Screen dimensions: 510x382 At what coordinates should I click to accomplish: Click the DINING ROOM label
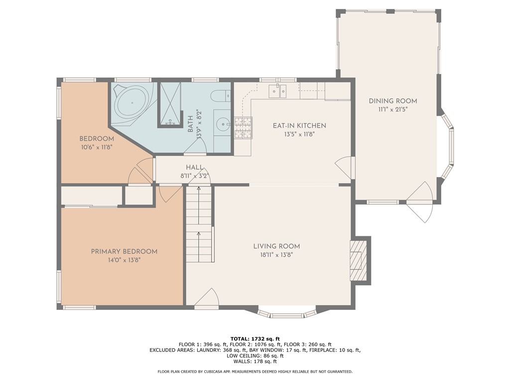(392, 101)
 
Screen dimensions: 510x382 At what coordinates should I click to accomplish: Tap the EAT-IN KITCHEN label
(299, 125)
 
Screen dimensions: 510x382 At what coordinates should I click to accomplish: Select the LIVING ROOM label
(276, 246)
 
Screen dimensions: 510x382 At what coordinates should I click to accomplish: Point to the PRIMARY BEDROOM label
(124, 251)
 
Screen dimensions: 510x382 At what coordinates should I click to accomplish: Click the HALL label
(195, 168)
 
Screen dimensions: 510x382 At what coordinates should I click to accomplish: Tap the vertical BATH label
(190, 124)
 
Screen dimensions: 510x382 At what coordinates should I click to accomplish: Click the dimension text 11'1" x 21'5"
(392, 110)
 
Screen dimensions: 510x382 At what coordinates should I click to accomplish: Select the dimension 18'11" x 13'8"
(276, 255)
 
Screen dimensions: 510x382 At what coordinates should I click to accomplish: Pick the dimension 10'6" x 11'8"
(97, 147)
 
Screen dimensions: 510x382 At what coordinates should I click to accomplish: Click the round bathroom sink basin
(223, 124)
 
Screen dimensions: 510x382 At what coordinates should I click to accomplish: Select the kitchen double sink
(277, 91)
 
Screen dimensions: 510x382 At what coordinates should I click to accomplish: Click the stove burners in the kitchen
(243, 128)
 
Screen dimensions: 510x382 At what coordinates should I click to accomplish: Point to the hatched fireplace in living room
(358, 261)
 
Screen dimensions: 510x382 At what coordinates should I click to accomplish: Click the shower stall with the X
(169, 104)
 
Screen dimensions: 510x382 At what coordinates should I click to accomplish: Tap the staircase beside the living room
(199, 224)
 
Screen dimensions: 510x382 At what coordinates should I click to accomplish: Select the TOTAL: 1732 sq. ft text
(255, 339)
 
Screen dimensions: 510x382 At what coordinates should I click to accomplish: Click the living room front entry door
(207, 297)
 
